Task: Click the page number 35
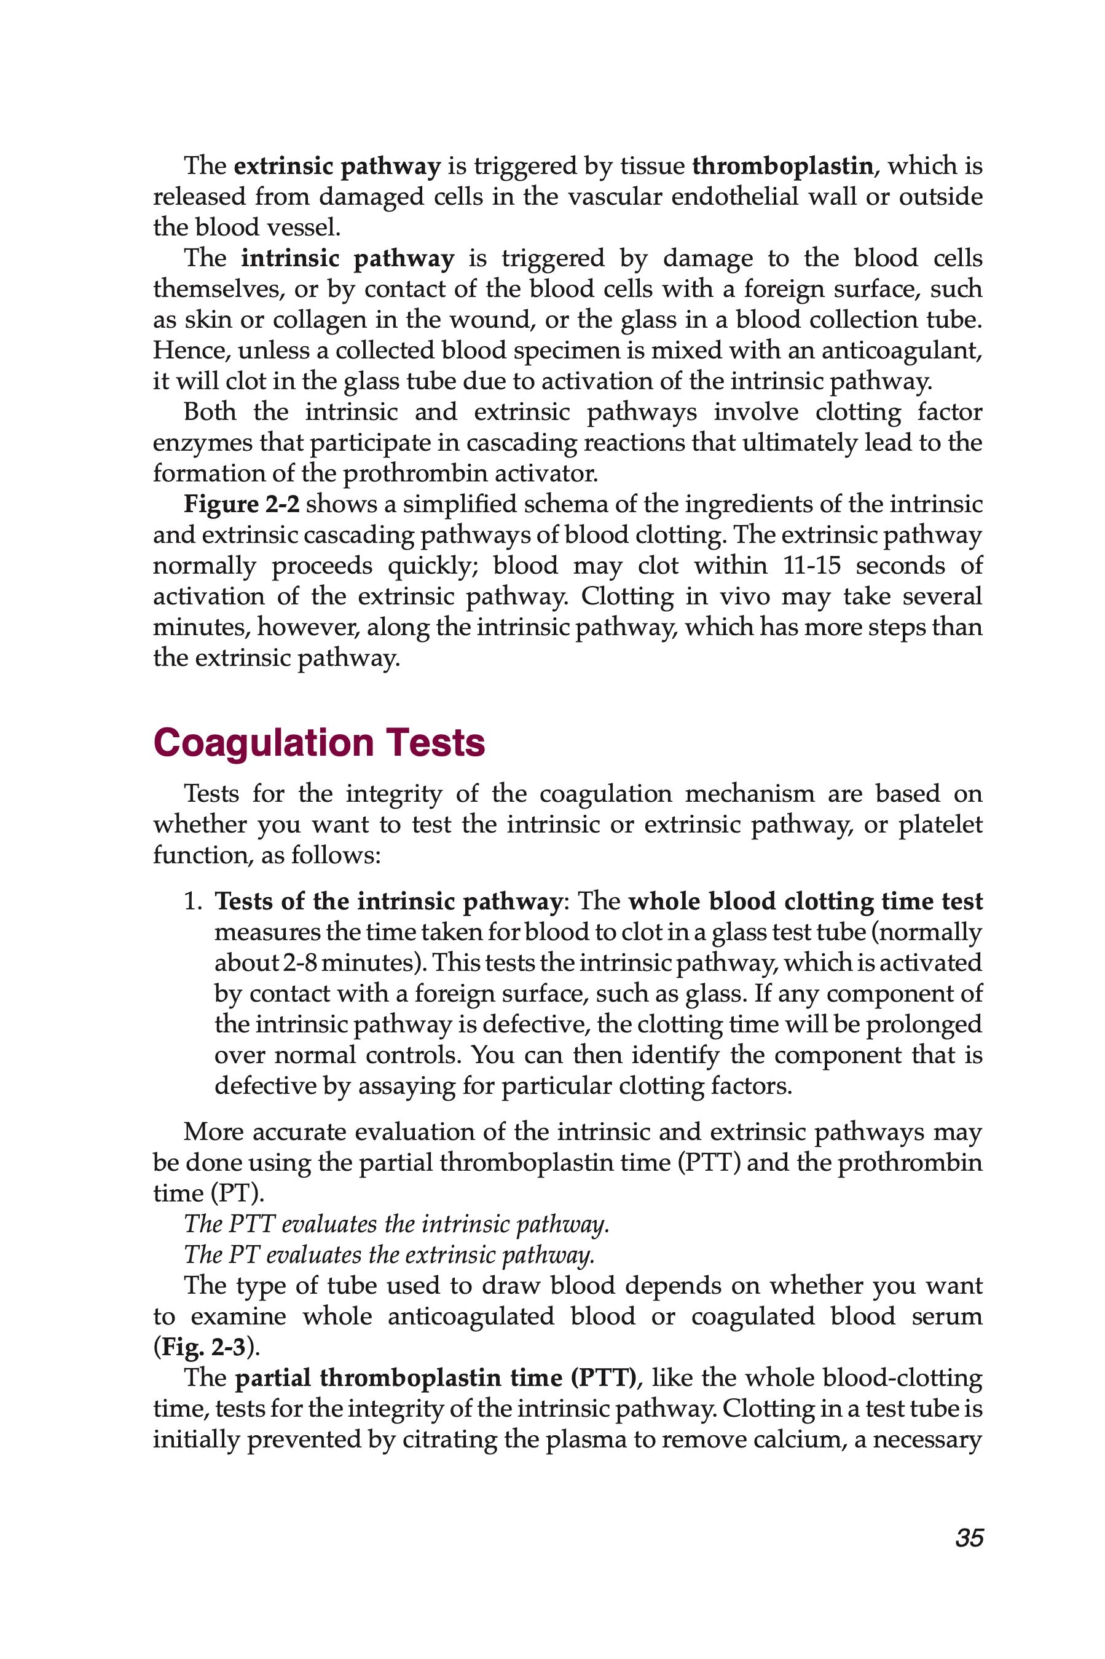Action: pyautogui.click(x=969, y=1538)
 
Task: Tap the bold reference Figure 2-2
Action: pyautogui.click(x=242, y=504)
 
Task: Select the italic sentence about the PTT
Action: pyautogui.click(x=396, y=1224)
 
